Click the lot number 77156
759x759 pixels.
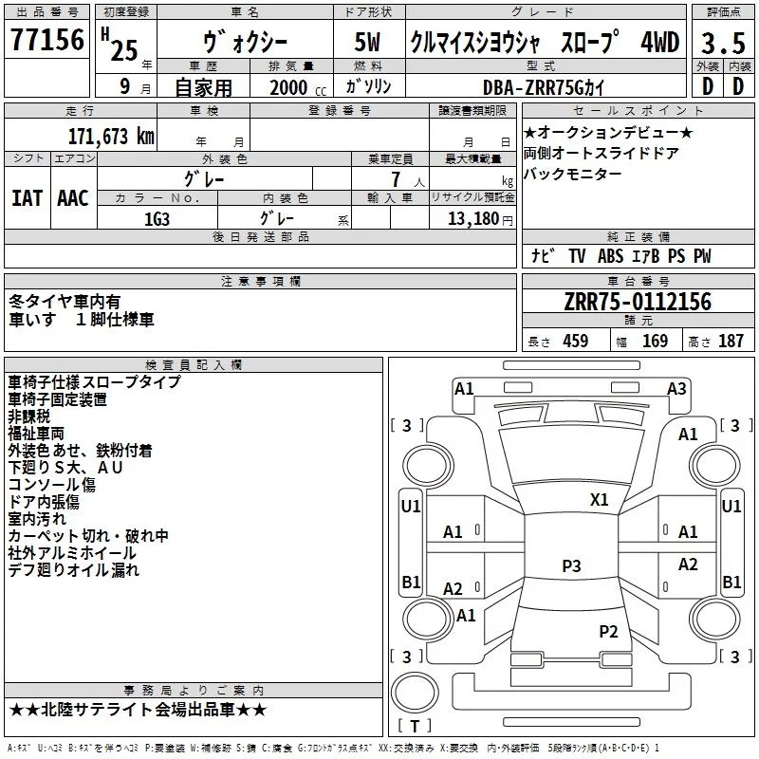[47, 40]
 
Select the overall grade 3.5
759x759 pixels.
[723, 43]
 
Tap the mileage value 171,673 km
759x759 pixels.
[111, 136]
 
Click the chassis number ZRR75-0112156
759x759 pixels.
[638, 302]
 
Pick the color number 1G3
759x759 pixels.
[157, 219]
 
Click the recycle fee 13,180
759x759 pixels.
[473, 219]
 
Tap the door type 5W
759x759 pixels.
[367, 42]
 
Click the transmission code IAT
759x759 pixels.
[27, 198]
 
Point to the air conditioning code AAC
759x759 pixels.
[73, 198]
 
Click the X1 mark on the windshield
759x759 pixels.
[599, 500]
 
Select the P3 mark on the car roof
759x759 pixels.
[571, 565]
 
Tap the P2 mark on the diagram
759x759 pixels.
[608, 631]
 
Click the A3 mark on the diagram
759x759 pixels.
[676, 389]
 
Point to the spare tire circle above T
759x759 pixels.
[415, 693]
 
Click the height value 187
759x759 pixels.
[731, 341]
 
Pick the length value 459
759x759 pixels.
[576, 341]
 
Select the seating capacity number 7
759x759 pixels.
[396, 179]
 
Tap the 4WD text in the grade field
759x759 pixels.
[660, 42]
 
